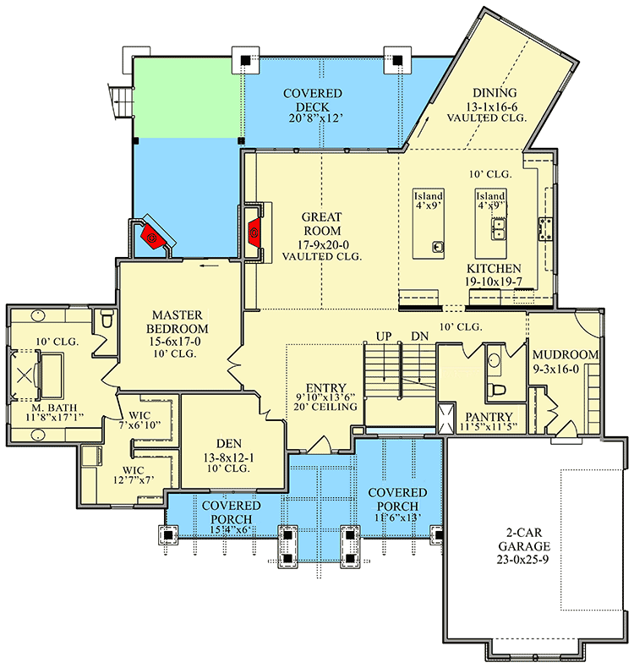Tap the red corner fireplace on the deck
[x=152, y=237]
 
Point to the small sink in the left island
[x=437, y=247]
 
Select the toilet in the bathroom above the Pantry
[x=497, y=390]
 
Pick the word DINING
[x=495, y=93]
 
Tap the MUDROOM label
[x=566, y=354]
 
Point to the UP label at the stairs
[x=383, y=336]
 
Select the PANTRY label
[x=489, y=416]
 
